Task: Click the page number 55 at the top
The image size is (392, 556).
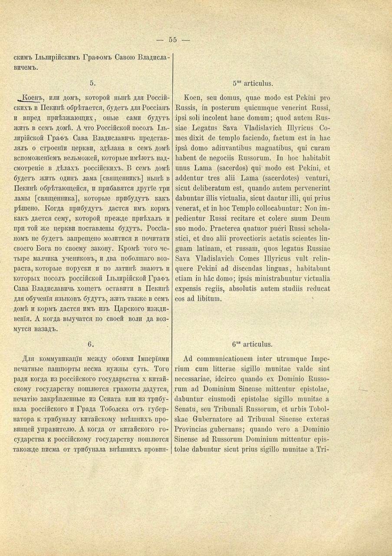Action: (173, 40)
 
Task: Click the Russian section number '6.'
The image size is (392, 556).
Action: (91, 344)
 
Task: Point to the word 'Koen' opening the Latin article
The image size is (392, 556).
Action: (192, 97)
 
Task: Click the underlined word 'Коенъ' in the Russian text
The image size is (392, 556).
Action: (32, 97)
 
